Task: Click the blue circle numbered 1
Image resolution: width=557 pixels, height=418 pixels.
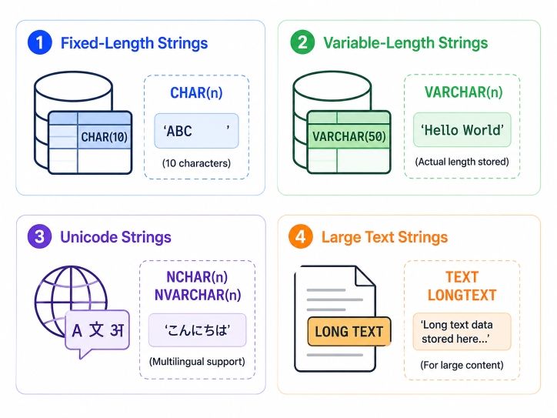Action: [x=40, y=42]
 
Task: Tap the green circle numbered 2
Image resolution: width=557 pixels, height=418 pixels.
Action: [x=302, y=42]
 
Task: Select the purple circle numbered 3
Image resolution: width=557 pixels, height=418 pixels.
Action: [x=40, y=237]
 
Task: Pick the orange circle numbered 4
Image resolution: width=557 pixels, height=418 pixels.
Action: [x=301, y=237]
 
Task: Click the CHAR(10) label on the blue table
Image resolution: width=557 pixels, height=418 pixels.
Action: [x=104, y=137]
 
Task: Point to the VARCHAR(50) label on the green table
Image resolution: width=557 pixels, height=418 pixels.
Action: [x=349, y=136]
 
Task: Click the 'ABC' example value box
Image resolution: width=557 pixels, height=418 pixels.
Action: [x=196, y=131]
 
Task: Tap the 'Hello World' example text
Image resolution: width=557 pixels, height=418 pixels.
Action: [x=462, y=130]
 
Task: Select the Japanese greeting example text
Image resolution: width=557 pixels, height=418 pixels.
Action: [x=198, y=330]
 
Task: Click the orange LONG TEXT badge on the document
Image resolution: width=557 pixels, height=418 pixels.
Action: [x=349, y=332]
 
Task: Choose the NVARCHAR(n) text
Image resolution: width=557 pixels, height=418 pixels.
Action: [x=198, y=295]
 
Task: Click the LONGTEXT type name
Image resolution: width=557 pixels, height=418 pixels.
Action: [x=462, y=295]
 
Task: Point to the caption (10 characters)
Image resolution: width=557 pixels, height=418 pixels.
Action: [x=196, y=163]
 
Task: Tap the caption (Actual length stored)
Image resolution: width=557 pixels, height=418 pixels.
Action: [x=462, y=162]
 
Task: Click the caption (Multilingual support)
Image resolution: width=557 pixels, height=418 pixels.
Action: [x=197, y=362]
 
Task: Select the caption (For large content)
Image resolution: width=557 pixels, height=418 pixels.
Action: [x=462, y=365]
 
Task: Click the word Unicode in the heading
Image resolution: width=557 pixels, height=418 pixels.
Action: [x=88, y=237]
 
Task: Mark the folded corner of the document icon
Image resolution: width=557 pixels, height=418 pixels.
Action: [x=365, y=276]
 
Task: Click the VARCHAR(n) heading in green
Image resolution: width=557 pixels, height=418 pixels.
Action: [x=464, y=92]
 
